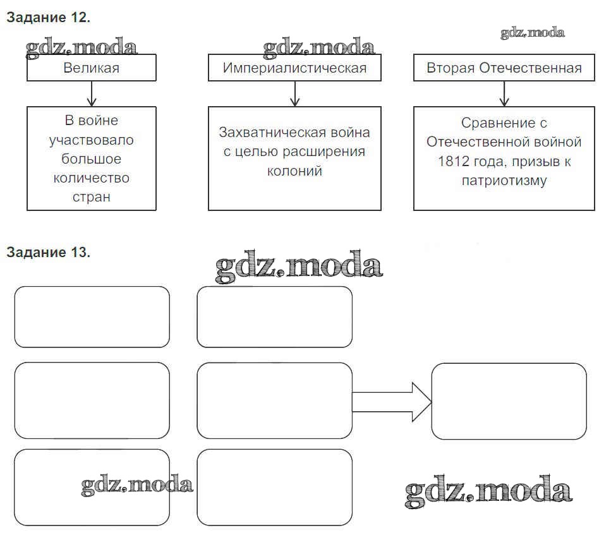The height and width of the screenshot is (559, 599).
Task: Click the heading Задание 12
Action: pos(49,18)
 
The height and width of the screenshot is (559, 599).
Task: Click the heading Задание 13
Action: pos(49,253)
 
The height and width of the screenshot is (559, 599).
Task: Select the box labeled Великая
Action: pos(91,68)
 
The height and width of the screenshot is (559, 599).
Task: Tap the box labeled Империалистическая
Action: pos(294,68)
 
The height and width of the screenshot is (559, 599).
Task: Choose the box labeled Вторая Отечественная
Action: pos(504,68)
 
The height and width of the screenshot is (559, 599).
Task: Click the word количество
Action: pos(92,177)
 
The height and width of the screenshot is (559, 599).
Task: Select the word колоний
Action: pos(294,171)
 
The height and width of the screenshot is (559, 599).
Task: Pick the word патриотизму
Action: pos(504,181)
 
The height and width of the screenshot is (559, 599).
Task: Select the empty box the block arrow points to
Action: pos(509,402)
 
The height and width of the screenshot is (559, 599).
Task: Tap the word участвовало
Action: pos(92,140)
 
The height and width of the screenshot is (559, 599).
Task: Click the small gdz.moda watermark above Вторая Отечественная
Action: pos(533,33)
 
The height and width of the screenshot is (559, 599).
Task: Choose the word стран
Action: pos(92,196)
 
